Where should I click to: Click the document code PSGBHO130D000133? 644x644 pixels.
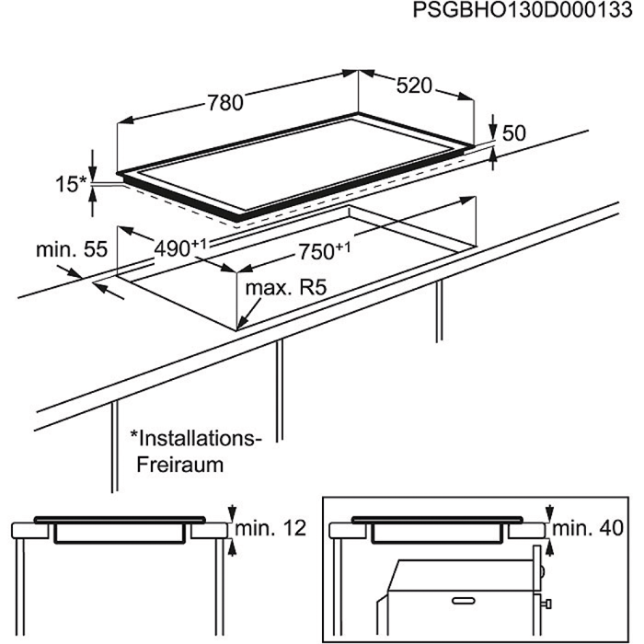click(523, 10)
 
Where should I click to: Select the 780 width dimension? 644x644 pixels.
click(225, 103)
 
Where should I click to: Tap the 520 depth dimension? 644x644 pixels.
click(414, 86)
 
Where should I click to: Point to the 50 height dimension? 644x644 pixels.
click(513, 133)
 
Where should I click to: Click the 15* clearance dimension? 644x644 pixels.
click(72, 184)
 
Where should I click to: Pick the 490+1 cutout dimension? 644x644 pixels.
click(180, 248)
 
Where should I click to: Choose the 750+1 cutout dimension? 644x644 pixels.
click(324, 251)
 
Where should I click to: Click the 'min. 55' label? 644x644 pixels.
click(72, 249)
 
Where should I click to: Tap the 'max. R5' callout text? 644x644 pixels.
click(286, 288)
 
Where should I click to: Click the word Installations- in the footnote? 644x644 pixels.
click(196, 439)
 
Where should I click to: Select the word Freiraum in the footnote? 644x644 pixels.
click(180, 465)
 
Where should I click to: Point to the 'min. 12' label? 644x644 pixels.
click(270, 528)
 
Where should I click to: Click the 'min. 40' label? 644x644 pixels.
click(588, 528)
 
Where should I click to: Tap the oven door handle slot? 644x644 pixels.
click(464, 601)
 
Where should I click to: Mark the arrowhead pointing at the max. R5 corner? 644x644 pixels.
click(242, 323)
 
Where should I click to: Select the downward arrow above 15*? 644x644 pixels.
click(93, 166)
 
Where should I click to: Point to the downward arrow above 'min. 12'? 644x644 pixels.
click(232, 512)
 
